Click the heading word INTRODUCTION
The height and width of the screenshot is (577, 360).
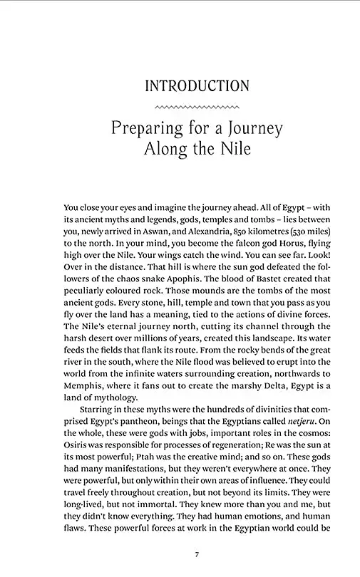tap(197, 86)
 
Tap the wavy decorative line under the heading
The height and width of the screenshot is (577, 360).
tap(197, 108)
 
